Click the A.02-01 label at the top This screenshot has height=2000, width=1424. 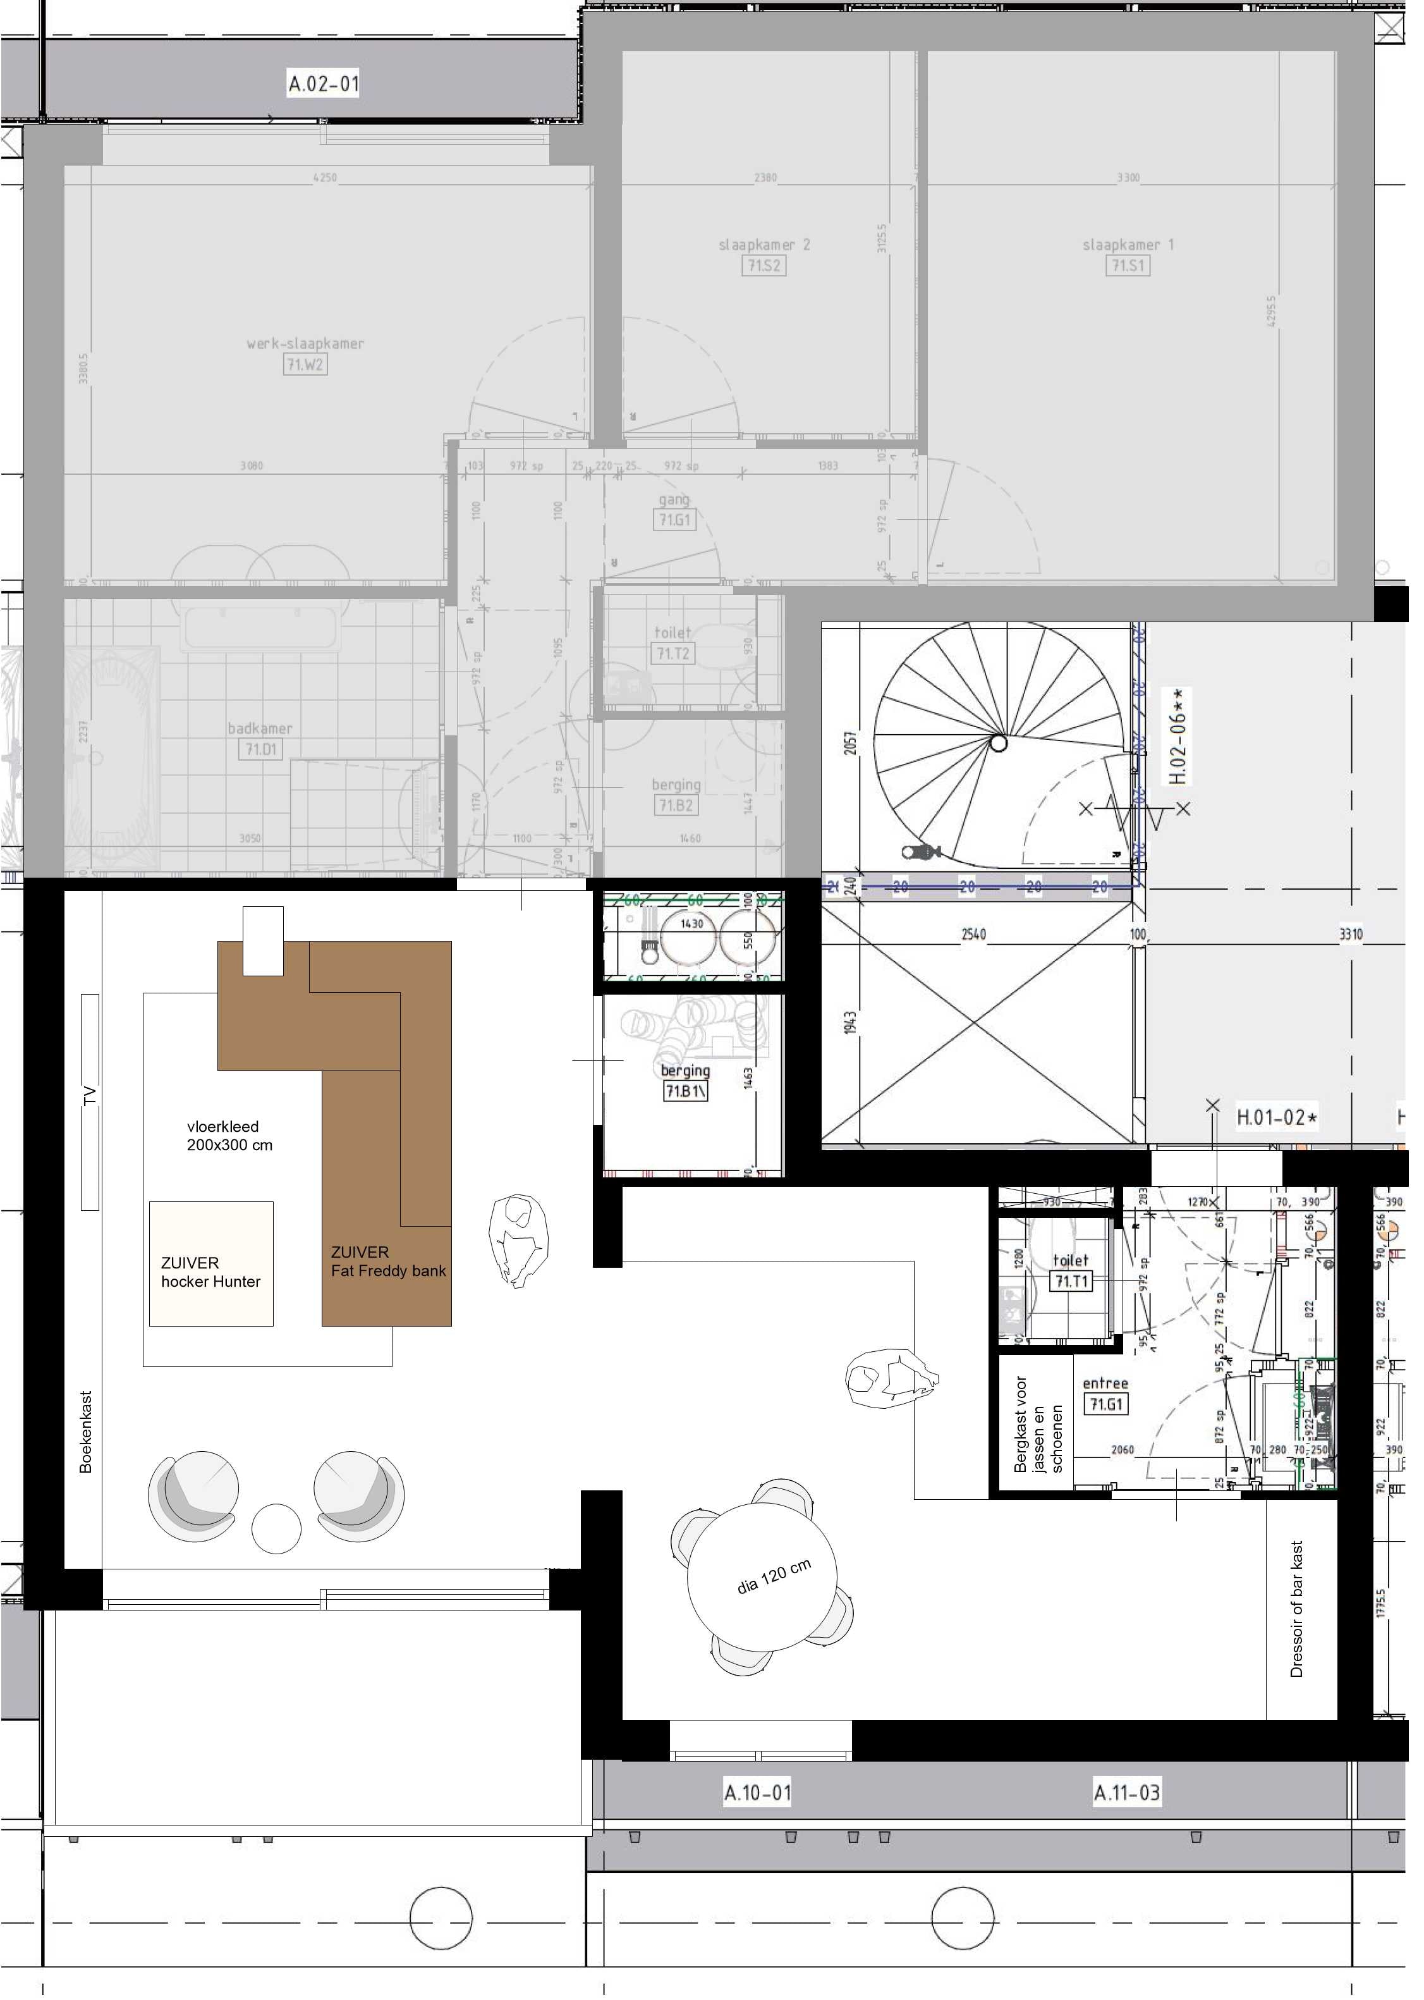pyautogui.click(x=324, y=84)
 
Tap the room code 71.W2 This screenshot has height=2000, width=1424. pyautogui.click(x=305, y=364)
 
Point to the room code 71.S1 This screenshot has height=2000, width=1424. pyautogui.click(x=1128, y=265)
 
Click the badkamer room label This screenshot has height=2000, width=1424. pyautogui.click(x=260, y=728)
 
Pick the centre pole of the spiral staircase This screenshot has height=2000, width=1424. pyautogui.click(x=999, y=744)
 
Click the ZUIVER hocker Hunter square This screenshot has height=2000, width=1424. pyautogui.click(x=210, y=1264)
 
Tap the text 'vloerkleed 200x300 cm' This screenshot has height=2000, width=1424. pyautogui.click(x=229, y=1135)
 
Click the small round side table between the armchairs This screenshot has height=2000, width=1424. pyautogui.click(x=276, y=1528)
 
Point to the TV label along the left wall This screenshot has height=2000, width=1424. pyautogui.click(x=90, y=1096)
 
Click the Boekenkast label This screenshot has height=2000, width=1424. pyautogui.click(x=85, y=1432)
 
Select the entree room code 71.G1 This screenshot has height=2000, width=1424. pyautogui.click(x=1105, y=1404)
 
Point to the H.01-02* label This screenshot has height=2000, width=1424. pyautogui.click(x=1277, y=1117)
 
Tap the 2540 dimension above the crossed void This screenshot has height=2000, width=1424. pyautogui.click(x=973, y=934)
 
